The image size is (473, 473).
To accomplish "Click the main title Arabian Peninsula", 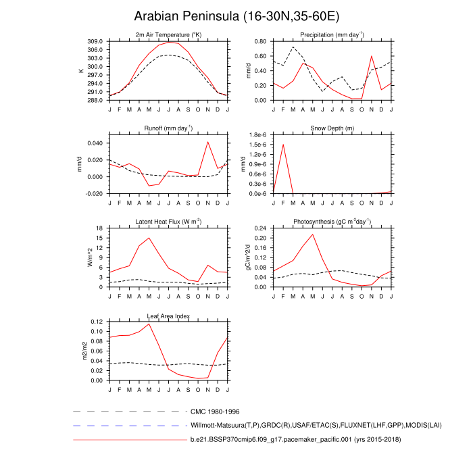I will pyautogui.click(x=236, y=16).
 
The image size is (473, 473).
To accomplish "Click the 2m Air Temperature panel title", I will pyautogui.click(x=168, y=34).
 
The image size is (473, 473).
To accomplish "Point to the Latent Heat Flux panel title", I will pyautogui.click(x=168, y=222).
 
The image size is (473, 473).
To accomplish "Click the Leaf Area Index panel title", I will pyautogui.click(x=168, y=316).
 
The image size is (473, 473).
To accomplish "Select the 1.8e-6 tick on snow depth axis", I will pyautogui.click(x=259, y=135).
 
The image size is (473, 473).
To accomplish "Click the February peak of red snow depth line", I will pyautogui.click(x=283, y=145).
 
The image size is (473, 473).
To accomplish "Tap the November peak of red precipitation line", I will pyautogui.click(x=372, y=56).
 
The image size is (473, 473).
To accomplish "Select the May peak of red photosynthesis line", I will pyautogui.click(x=313, y=234).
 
